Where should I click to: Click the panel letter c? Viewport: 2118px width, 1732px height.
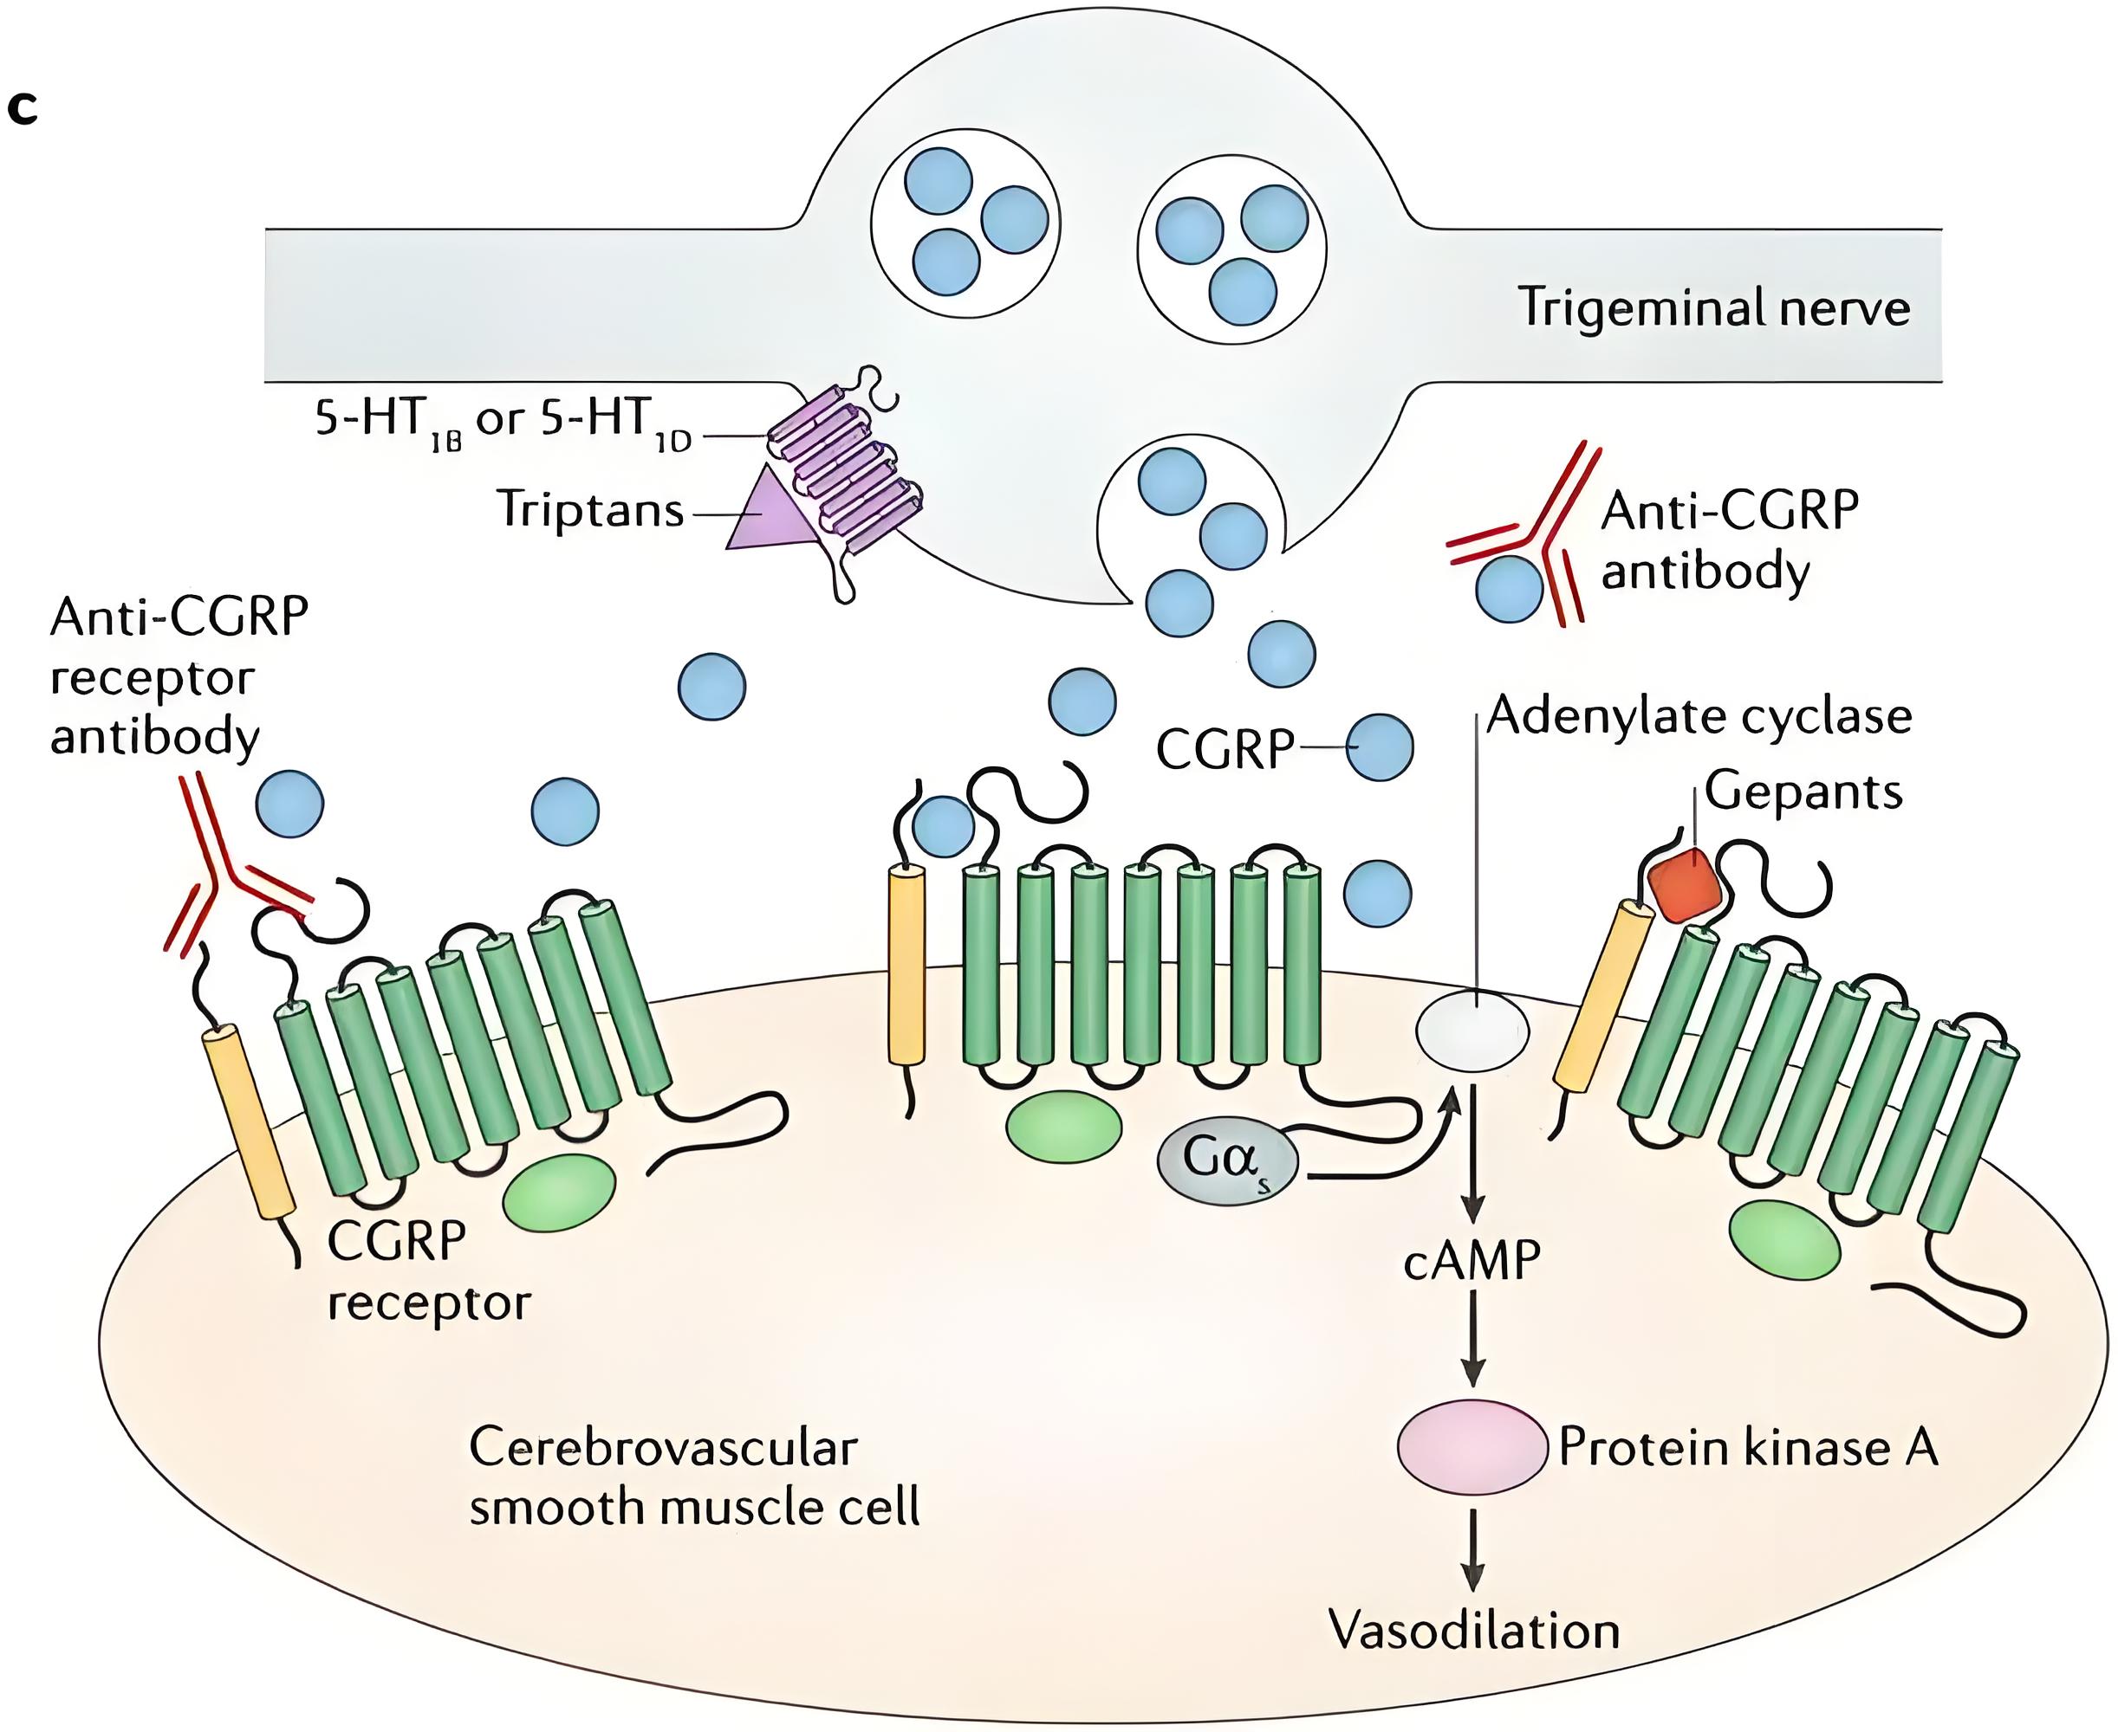coord(22,107)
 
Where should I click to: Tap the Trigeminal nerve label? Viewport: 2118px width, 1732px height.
coord(1712,307)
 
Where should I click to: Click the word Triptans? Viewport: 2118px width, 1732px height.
coord(590,510)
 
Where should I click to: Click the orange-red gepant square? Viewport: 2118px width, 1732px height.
coord(1685,884)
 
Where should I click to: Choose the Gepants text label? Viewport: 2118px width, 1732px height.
coord(1803,792)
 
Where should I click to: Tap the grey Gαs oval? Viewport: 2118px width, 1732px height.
coord(1226,1160)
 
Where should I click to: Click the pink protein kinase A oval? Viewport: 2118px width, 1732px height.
coord(1472,1447)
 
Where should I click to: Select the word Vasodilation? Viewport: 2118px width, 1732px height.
coord(1473,1630)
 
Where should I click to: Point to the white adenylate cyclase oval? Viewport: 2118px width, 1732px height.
coord(1472,1031)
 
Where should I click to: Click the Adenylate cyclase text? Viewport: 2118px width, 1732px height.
coord(1699,716)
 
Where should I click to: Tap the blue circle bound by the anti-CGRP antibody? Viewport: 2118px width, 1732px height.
coord(1509,589)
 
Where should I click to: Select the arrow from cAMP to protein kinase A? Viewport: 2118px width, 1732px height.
coord(1472,1337)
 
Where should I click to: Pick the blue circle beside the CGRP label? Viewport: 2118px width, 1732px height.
coord(1380,746)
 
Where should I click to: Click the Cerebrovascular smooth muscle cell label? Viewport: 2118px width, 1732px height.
coord(693,1477)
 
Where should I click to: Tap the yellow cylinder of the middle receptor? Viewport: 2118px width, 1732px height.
coord(906,965)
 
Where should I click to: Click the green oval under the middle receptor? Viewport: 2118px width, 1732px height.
coord(1063,1128)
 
